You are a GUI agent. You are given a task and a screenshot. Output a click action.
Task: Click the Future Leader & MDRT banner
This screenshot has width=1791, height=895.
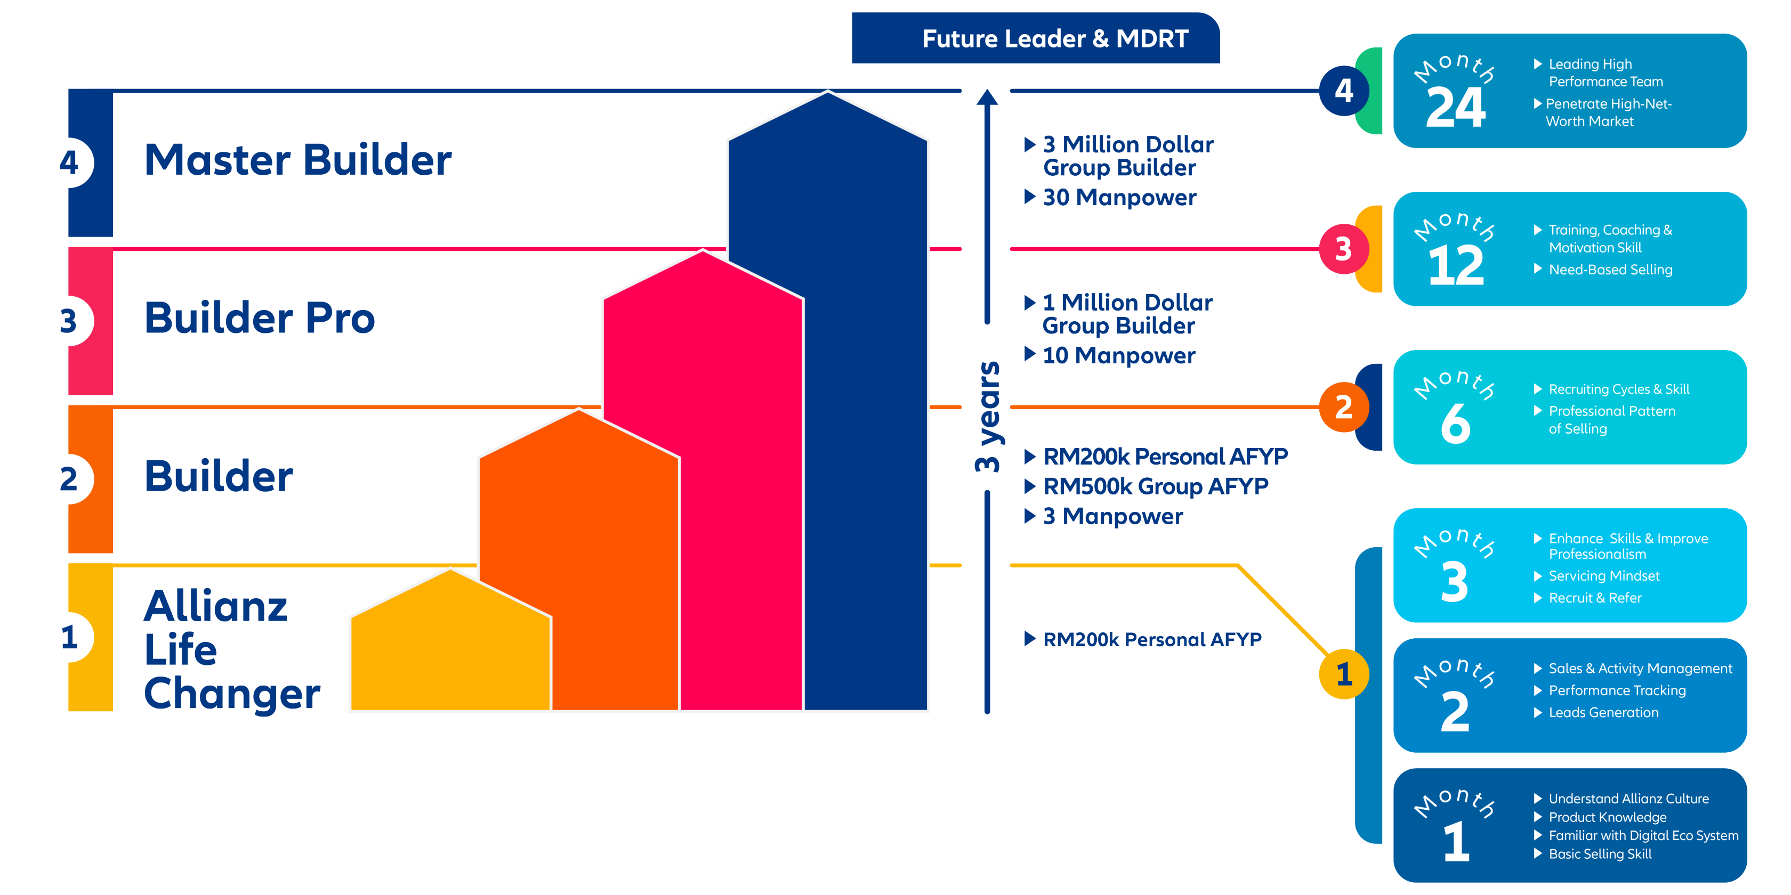point(1035,38)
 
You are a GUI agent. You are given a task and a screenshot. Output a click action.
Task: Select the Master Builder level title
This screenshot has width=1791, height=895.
point(297,160)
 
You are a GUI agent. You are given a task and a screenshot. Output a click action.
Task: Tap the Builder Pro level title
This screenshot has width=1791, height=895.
point(260,318)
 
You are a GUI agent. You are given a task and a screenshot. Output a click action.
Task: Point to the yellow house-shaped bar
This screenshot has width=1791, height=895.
point(450,646)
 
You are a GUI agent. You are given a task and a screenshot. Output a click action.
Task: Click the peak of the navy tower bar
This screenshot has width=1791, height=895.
point(827,94)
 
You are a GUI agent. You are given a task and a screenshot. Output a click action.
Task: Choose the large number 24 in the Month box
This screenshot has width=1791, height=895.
point(1455,108)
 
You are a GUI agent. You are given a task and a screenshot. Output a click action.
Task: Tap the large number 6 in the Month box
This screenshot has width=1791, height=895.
point(1455,424)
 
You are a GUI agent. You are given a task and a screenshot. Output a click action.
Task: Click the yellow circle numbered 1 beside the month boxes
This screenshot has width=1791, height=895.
point(1343,673)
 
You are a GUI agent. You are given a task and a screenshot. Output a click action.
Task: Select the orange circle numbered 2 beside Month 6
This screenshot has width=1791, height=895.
point(1343,407)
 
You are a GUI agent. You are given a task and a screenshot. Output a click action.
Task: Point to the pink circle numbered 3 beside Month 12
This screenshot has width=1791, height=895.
point(1343,249)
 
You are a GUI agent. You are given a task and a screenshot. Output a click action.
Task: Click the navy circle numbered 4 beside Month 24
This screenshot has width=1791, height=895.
point(1343,91)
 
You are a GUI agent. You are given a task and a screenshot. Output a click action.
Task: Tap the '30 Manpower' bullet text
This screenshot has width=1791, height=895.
point(1119,197)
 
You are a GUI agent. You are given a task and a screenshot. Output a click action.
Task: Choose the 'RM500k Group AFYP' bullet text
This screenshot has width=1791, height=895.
point(1155,486)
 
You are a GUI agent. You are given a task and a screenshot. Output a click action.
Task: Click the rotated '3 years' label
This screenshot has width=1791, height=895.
point(987,417)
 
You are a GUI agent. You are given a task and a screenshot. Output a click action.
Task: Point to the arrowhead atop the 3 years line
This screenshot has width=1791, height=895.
point(987,97)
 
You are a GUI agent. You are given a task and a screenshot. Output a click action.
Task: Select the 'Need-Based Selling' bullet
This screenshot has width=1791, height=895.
point(1610,270)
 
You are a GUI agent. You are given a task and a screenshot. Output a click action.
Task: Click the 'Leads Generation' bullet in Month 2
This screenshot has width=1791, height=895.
point(1603,712)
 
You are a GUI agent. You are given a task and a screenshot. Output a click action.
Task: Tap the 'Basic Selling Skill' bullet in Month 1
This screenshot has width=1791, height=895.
point(1599,854)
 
